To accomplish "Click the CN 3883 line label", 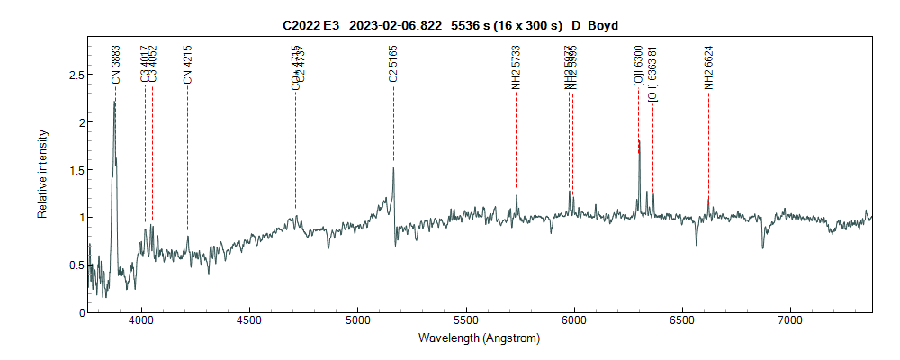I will [115, 65].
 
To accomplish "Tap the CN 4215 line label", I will [188, 65].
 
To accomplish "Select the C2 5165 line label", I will [393, 65].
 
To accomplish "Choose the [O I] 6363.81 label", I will [652, 75].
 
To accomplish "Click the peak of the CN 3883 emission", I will [114, 102].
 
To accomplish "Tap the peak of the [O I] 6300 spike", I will [638, 140].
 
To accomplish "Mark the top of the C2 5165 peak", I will [393, 168].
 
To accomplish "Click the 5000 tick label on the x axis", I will [357, 320].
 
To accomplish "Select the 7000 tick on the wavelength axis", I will [790, 320].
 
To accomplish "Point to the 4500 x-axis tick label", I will [249, 320].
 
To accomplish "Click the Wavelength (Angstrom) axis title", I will [479, 338].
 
